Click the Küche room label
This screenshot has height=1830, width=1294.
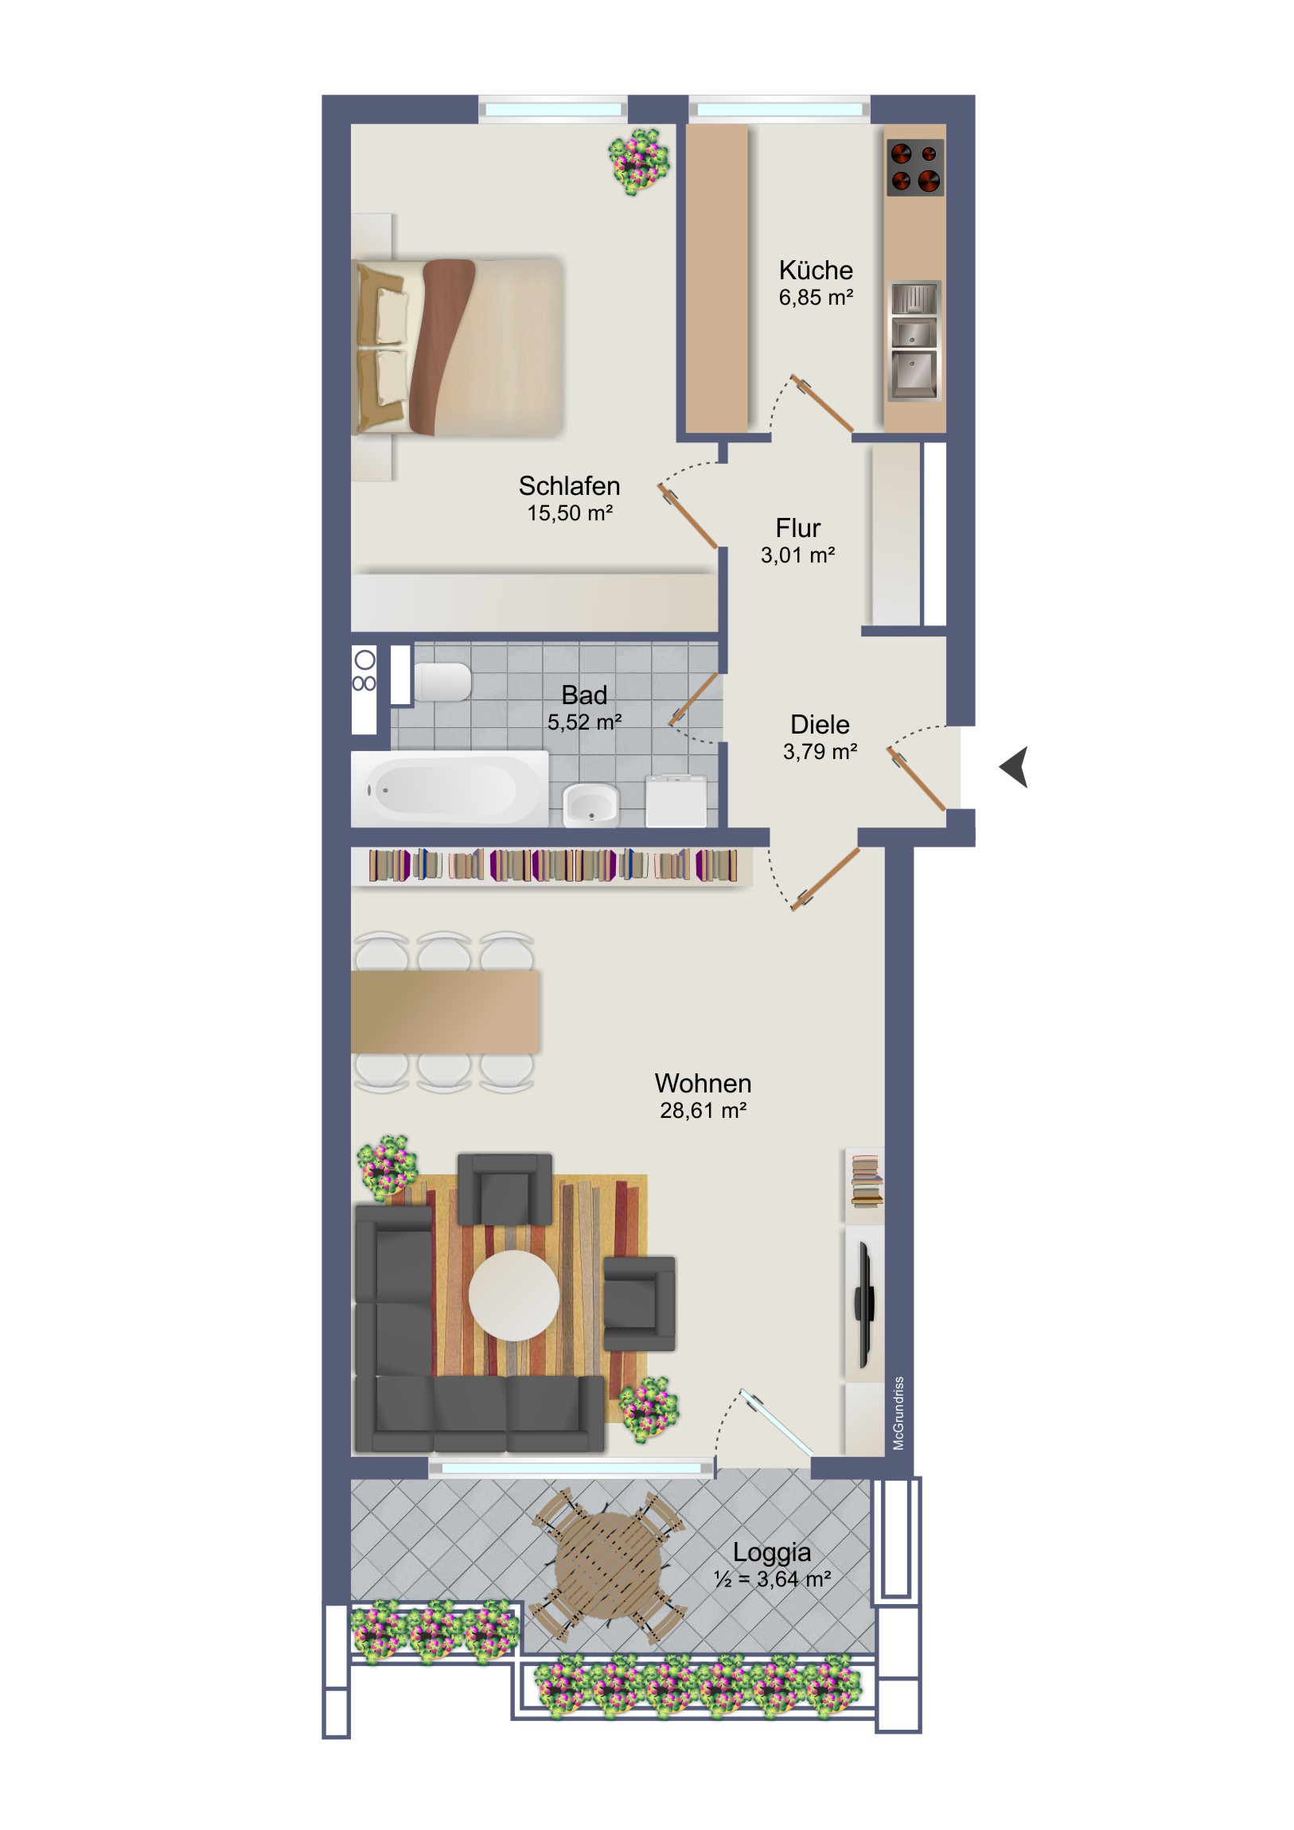(x=816, y=271)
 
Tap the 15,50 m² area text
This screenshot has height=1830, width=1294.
(x=569, y=513)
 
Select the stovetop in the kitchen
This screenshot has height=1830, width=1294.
(x=914, y=167)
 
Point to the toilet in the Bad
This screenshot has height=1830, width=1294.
(x=442, y=682)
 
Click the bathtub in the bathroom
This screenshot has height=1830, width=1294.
(x=450, y=788)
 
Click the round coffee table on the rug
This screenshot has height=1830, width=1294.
(x=513, y=1295)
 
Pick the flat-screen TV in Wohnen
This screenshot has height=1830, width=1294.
(x=865, y=1303)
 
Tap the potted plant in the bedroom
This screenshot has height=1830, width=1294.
(x=638, y=162)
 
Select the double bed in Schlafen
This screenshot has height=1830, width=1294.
(x=458, y=347)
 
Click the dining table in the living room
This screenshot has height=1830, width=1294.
(x=446, y=1011)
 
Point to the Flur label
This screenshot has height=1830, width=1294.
(x=797, y=528)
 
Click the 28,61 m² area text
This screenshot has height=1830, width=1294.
(x=704, y=1110)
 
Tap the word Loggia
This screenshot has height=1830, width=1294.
(x=772, y=1552)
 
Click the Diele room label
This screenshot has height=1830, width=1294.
(x=820, y=725)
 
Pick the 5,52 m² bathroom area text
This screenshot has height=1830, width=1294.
(x=584, y=722)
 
